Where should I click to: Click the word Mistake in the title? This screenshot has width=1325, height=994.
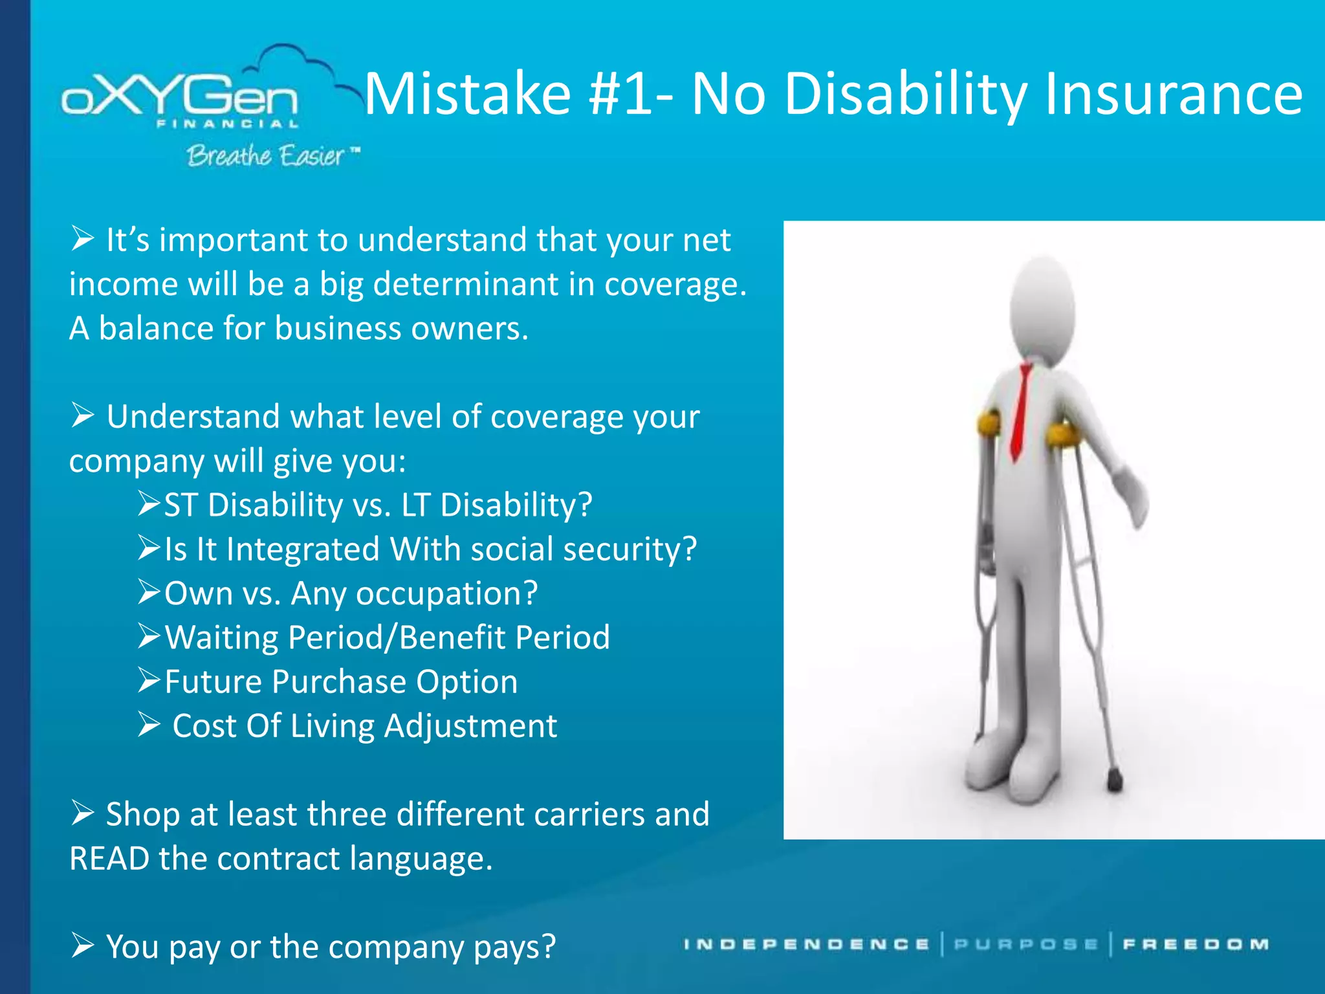pyautogui.click(x=467, y=94)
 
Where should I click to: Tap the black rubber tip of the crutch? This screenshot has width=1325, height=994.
pyautogui.click(x=1114, y=781)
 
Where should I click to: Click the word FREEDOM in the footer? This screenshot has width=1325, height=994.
pyautogui.click(x=1196, y=945)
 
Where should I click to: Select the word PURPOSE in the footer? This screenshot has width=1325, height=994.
pyautogui.click(x=1026, y=945)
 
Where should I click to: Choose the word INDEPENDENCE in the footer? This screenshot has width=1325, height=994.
pyautogui.click(x=806, y=945)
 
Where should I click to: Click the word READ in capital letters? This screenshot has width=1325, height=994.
pyautogui.click(x=109, y=859)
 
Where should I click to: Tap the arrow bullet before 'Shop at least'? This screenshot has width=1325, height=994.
pyautogui.click(x=83, y=813)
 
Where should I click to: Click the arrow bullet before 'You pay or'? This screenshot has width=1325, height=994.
pyautogui.click(x=83, y=945)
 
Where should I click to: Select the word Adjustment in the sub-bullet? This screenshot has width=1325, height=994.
pyautogui.click(x=470, y=726)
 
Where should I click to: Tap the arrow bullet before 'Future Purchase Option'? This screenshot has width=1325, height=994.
pyautogui.click(x=148, y=681)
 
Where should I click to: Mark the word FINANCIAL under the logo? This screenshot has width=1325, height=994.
pyautogui.click(x=228, y=124)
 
